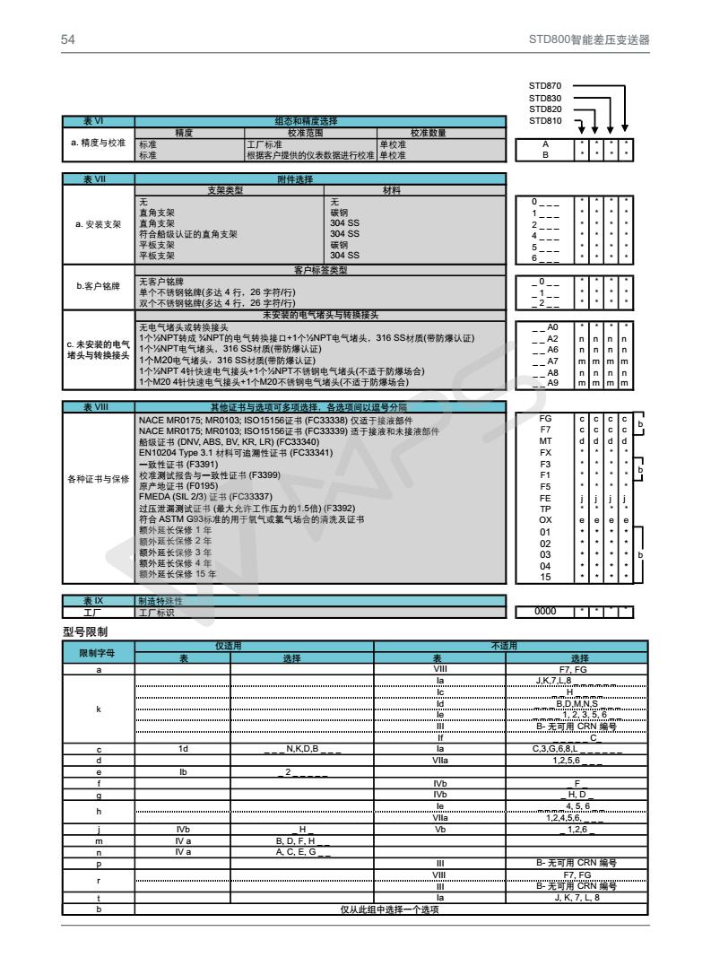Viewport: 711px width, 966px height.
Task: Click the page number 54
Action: (x=68, y=40)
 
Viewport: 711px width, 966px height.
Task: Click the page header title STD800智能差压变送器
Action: (x=589, y=40)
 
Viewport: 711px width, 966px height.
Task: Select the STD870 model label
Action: (x=545, y=86)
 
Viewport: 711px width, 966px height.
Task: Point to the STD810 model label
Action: (x=545, y=120)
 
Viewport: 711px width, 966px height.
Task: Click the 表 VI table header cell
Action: (x=98, y=121)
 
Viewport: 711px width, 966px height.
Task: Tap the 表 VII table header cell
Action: (x=98, y=179)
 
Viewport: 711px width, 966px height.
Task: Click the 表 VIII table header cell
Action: (x=98, y=407)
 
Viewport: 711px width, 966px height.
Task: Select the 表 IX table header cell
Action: (x=98, y=600)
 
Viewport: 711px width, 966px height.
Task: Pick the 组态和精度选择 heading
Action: (x=319, y=121)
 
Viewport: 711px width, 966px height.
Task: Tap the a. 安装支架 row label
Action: (x=98, y=223)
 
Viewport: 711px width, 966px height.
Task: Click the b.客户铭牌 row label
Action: (x=98, y=286)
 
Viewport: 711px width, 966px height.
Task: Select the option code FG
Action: (x=544, y=419)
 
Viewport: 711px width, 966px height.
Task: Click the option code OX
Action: (x=544, y=519)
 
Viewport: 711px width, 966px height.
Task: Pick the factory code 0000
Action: (x=544, y=612)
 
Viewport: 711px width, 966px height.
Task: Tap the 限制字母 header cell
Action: (x=98, y=652)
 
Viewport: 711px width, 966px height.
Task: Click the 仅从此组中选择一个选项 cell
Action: (x=390, y=909)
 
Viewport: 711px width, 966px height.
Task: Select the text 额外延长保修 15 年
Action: (x=178, y=574)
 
